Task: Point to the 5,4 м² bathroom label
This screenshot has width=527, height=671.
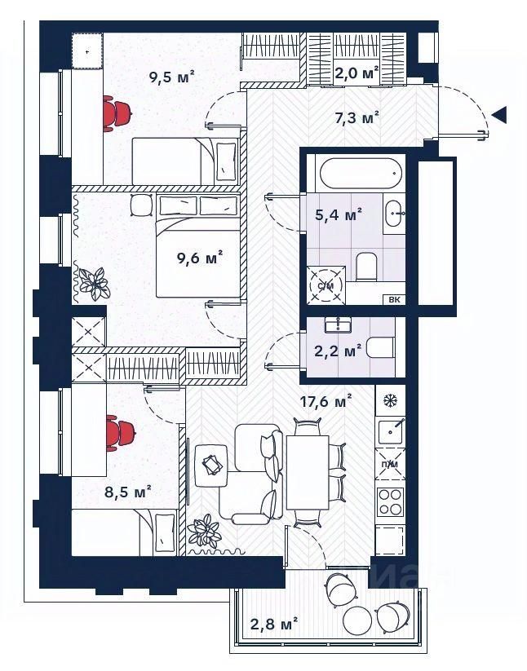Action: [x=339, y=214]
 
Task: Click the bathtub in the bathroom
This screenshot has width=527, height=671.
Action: [x=360, y=173]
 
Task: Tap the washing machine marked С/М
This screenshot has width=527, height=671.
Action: [x=325, y=285]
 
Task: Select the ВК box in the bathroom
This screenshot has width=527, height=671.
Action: [x=394, y=299]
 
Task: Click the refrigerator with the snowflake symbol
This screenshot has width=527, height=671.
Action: [x=390, y=401]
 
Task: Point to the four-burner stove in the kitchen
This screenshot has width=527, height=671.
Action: [x=391, y=502]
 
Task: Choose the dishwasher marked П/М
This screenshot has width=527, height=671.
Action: [x=390, y=463]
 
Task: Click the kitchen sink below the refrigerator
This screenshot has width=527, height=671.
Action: [x=391, y=430]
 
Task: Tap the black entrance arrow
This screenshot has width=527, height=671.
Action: [x=499, y=114]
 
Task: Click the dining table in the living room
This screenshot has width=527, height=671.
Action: [x=308, y=472]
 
